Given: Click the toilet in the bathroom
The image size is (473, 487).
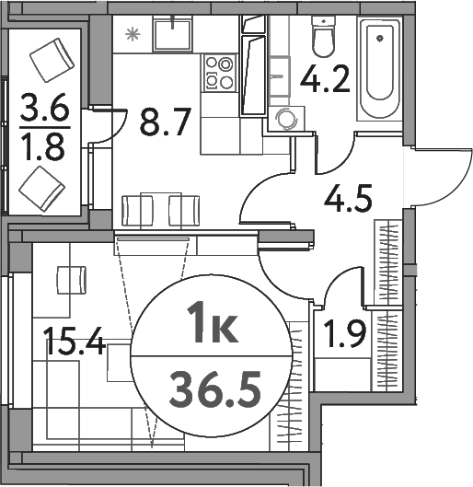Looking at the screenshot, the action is [x=324, y=36].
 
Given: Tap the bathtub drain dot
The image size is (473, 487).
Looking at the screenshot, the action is [x=379, y=39].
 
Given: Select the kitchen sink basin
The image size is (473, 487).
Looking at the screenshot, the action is [x=173, y=35].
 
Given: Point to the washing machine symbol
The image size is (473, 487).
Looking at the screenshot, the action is [x=286, y=119].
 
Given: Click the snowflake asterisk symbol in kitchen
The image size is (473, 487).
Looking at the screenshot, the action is [x=133, y=34].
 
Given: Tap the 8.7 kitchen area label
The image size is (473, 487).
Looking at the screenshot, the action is [x=165, y=122].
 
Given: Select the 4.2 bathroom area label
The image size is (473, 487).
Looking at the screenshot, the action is [x=325, y=78].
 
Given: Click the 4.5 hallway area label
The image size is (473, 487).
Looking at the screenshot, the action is [x=348, y=198].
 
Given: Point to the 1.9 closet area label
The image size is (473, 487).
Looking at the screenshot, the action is [x=344, y=333].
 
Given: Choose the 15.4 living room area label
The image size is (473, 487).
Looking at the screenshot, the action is [x=75, y=342].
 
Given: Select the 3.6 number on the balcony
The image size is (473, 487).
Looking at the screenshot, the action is [x=45, y=107].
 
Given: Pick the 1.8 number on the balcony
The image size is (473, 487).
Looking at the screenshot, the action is [x=44, y=147].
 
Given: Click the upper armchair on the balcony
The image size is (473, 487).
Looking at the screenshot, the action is [x=52, y=60].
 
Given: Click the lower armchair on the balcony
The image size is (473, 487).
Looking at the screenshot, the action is [x=42, y=189].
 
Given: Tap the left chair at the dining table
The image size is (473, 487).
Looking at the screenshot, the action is [x=137, y=211].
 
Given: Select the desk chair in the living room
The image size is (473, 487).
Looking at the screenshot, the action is [x=72, y=280].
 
